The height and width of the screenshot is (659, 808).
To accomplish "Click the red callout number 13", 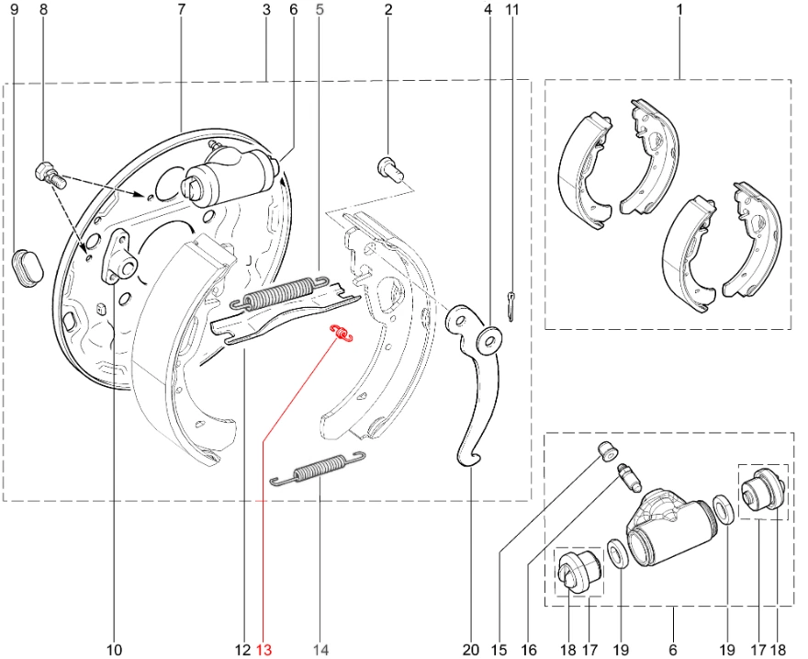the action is click(264, 650).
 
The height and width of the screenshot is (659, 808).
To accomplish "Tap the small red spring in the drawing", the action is click(342, 334).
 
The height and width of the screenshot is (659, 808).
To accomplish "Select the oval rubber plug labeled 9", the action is click(27, 267).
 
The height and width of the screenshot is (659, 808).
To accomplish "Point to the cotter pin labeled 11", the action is click(511, 306).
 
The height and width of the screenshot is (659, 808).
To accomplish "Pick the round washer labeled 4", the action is click(488, 340).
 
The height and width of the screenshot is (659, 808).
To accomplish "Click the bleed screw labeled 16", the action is click(629, 477).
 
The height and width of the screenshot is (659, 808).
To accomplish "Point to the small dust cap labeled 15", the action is click(608, 450).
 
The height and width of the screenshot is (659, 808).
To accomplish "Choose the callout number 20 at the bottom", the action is click(471, 650).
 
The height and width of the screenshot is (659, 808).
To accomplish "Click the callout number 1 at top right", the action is click(679, 9).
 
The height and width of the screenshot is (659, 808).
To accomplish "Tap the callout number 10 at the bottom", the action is click(115, 650).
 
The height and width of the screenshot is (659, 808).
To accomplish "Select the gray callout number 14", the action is click(320, 650).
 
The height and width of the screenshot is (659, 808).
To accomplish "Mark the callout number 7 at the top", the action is click(182, 9).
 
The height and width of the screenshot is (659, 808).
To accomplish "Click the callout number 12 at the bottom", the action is click(243, 650).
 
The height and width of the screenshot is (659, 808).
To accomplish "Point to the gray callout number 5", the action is click(319, 9).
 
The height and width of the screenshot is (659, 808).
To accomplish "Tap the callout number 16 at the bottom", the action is click(529, 650).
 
